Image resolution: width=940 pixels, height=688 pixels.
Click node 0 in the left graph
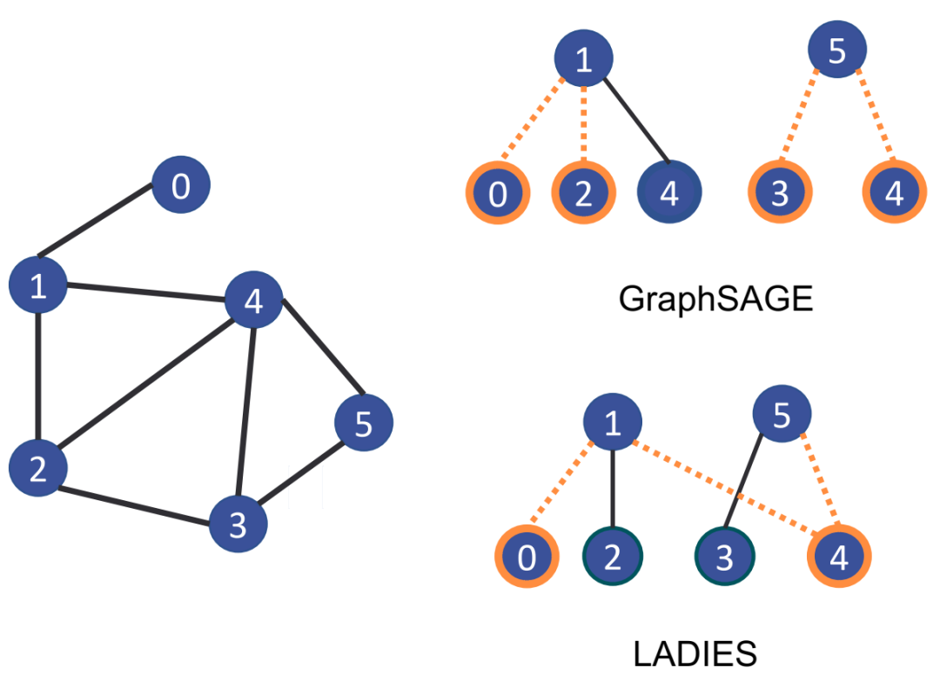(181, 185)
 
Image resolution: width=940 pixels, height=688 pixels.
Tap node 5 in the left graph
(364, 424)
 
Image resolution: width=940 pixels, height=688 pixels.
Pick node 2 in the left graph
(37, 468)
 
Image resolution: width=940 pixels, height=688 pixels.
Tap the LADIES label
(695, 651)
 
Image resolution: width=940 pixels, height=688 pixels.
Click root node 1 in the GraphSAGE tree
(584, 59)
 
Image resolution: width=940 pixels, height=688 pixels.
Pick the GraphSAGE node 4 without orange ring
(668, 193)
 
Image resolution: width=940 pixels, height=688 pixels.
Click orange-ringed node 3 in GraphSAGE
(779, 193)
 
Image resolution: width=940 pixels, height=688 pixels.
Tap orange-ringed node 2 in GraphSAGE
(583, 193)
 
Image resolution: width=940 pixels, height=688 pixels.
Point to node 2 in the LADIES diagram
(612, 557)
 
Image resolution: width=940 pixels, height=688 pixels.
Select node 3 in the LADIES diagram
(725, 557)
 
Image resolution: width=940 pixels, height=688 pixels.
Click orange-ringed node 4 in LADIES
(838, 557)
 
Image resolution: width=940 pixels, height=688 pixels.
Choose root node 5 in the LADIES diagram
(781, 416)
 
